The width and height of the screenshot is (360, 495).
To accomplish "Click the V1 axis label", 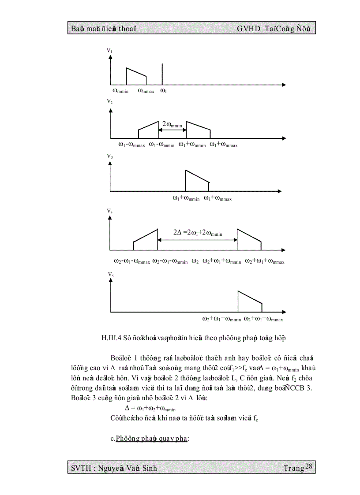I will click(109, 51).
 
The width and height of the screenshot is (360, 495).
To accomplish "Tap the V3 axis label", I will click(109, 157).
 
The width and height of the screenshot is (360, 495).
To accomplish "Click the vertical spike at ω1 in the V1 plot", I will click(163, 74).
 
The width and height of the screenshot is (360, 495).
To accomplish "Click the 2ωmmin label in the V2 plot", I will click(172, 125).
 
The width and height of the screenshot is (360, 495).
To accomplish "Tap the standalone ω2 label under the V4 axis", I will click(195, 261).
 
